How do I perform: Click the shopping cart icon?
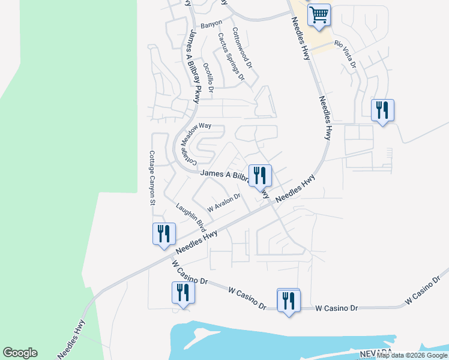(x=319, y=14)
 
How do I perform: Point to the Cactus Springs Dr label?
(x=231, y=56)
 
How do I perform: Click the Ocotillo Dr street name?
(x=208, y=78)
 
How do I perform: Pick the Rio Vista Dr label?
(x=346, y=54)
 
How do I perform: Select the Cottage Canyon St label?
(x=152, y=177)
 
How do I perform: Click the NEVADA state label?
(x=376, y=352)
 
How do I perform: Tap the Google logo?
(x=20, y=353)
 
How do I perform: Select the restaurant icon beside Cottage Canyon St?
(x=164, y=234)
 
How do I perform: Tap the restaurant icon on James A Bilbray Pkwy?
(x=260, y=176)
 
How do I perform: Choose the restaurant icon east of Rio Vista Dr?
(x=382, y=110)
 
